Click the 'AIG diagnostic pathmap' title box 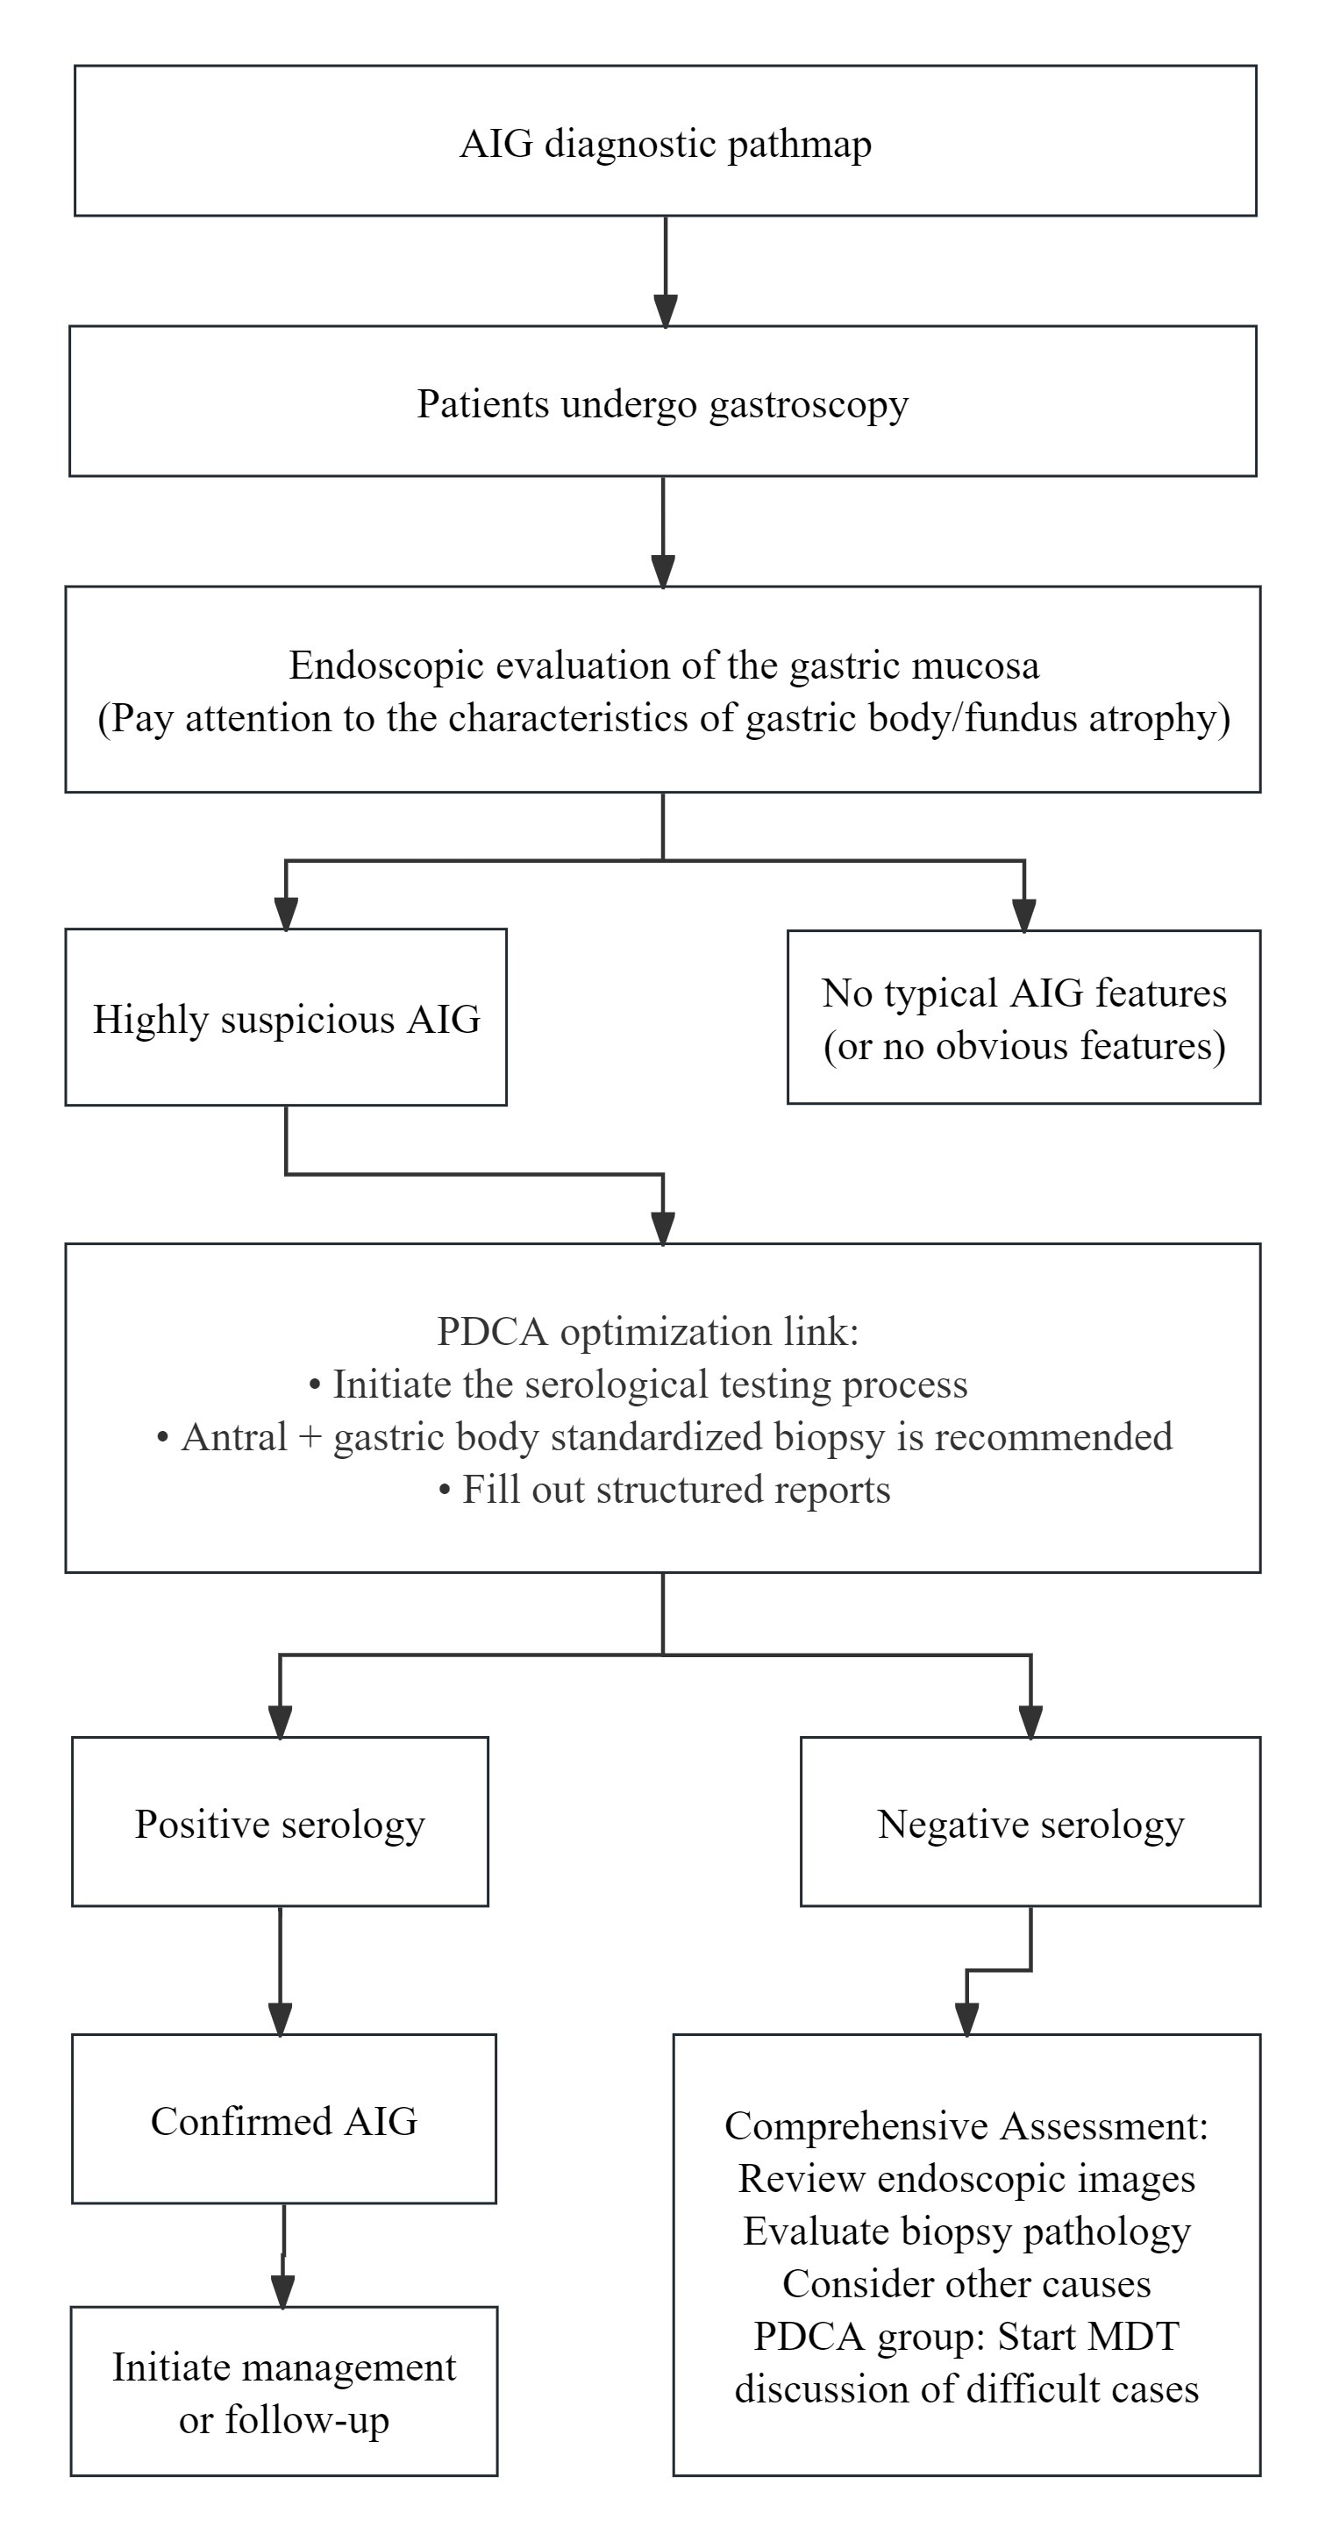[665, 141]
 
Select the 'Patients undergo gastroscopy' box [663, 402]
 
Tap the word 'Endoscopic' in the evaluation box [386, 665]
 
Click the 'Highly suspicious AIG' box [286, 1017]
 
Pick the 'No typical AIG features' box [1024, 1017]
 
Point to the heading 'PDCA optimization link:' [648, 1332]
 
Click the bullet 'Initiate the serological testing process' [638, 1384]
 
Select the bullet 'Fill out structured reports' [664, 1490]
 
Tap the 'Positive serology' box [281, 1822]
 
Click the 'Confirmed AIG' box [284, 2118]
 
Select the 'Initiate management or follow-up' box [284, 2391]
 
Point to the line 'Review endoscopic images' [966, 2178]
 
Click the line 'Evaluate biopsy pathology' [966, 2231]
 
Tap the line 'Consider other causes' [966, 2283]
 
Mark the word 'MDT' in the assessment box [1137, 2336]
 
